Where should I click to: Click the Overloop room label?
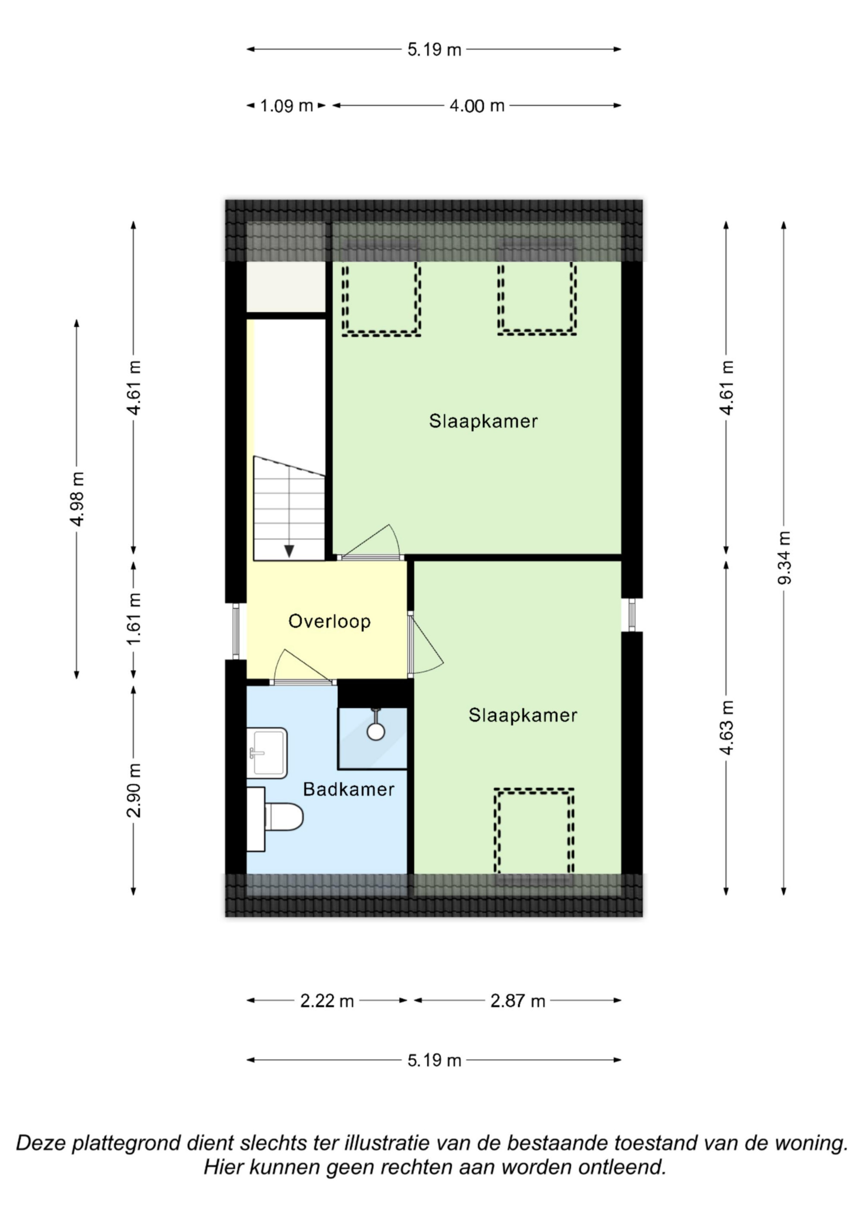[329, 621]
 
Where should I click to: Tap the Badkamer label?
[349, 789]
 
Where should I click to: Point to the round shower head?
[376, 732]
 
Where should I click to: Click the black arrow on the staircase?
[289, 551]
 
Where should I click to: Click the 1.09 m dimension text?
[287, 106]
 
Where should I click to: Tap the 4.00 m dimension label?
[477, 106]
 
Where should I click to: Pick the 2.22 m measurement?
[327, 1001]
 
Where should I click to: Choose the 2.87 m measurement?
[518, 1001]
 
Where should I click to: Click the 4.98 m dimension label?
[77, 499]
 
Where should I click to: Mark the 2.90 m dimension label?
[134, 790]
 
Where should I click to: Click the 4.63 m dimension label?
[727, 728]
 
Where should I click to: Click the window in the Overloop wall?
[236, 631]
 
